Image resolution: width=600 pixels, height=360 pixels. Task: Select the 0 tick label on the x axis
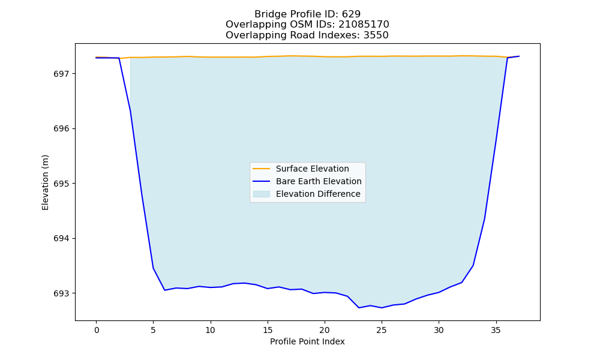[96, 330]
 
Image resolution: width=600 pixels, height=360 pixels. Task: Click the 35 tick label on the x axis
[496, 330]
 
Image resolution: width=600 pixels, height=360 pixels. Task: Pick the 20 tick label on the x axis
[325, 330]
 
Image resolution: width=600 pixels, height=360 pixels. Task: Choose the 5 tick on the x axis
[153, 330]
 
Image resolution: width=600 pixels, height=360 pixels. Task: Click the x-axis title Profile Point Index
[307, 341]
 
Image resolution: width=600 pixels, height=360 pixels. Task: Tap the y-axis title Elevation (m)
[46, 182]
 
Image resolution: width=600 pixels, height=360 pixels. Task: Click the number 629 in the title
[351, 14]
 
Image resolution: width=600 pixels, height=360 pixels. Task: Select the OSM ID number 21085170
[364, 25]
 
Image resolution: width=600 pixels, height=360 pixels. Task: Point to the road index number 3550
[376, 35]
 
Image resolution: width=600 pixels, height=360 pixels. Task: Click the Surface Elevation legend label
[312, 169]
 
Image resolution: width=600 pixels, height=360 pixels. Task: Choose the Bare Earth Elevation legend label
[319, 181]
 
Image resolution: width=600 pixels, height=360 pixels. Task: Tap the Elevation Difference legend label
[318, 194]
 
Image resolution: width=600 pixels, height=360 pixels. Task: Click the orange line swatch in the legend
[262, 169]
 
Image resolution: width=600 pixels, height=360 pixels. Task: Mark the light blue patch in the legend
[262, 194]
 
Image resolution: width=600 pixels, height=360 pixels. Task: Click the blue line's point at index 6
[164, 290]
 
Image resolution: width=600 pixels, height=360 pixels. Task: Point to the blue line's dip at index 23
[359, 308]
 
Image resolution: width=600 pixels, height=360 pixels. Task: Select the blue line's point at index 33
[473, 266]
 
